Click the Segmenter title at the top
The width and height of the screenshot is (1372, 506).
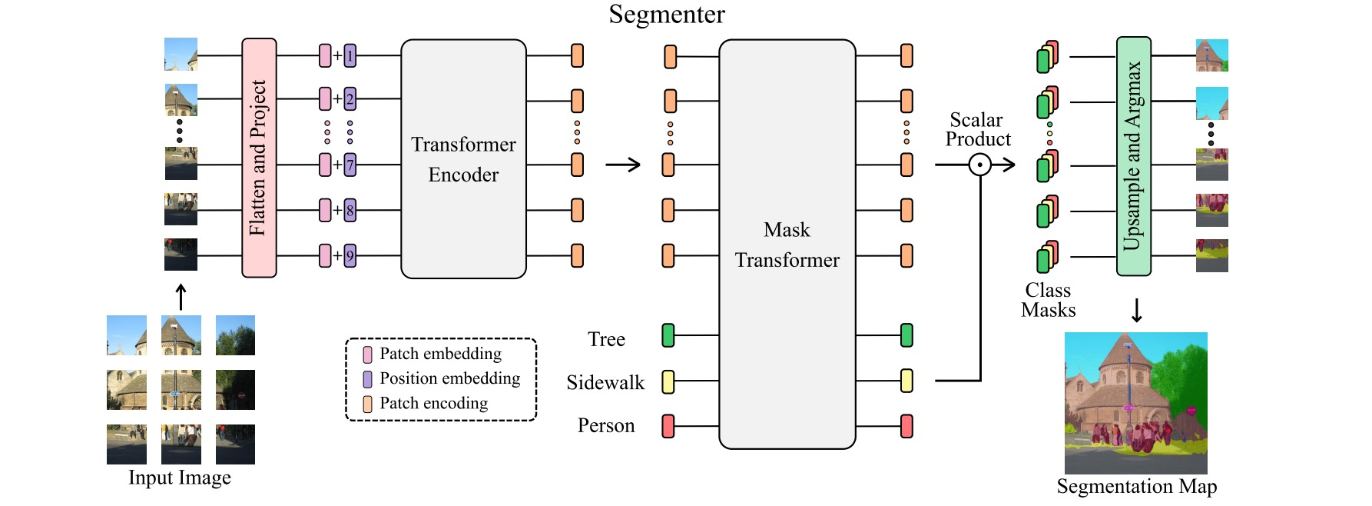pyautogui.click(x=666, y=15)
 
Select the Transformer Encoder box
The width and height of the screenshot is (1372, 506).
pyautogui.click(x=463, y=159)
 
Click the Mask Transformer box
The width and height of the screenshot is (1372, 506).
pyautogui.click(x=787, y=244)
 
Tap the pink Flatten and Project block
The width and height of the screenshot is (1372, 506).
pyautogui.click(x=259, y=158)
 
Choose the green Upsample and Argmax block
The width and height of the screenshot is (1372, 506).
pyautogui.click(x=1133, y=156)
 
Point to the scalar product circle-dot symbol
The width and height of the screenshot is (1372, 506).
pyautogui.click(x=979, y=165)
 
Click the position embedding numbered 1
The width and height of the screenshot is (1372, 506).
pyautogui.click(x=350, y=56)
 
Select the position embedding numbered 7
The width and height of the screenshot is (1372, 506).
pyautogui.click(x=350, y=165)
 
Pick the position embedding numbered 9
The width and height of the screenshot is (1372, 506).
pyautogui.click(x=350, y=255)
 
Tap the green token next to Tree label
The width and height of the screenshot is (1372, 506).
pyautogui.click(x=668, y=335)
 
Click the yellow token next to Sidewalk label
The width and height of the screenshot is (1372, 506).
pyautogui.click(x=668, y=381)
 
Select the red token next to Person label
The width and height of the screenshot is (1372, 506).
pyautogui.click(x=668, y=426)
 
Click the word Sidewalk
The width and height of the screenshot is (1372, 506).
pyautogui.click(x=605, y=383)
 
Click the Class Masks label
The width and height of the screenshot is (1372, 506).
pyautogui.click(x=1048, y=301)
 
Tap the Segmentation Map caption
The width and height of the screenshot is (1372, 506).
pyautogui.click(x=1136, y=487)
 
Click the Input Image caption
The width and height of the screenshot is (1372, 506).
pyautogui.click(x=180, y=478)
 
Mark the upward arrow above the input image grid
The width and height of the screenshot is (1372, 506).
pyautogui.click(x=181, y=297)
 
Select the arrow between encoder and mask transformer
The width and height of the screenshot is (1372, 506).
pyautogui.click(x=623, y=165)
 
